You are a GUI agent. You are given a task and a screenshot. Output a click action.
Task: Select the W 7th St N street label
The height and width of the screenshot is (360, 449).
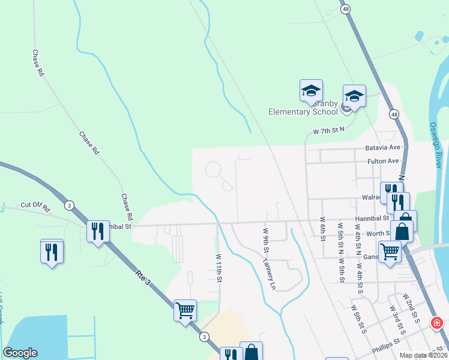click(329, 130)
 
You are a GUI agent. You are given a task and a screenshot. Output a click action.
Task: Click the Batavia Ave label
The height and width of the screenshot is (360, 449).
click(382, 147)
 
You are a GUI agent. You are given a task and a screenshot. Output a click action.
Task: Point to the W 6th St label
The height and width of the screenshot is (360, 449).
click(322, 228)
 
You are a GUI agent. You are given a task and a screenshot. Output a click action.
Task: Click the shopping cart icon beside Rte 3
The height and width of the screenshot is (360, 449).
click(185, 310)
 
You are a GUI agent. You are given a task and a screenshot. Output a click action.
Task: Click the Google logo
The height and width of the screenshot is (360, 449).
click(20, 353)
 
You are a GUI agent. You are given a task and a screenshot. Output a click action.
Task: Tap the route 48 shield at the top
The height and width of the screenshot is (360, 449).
click(345, 9)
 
